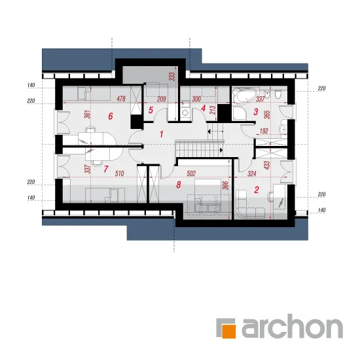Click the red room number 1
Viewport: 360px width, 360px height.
click(x=162, y=134)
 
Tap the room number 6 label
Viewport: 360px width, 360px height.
click(x=111, y=117)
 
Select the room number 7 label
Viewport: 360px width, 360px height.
click(x=105, y=170)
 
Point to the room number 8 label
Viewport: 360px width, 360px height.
click(x=179, y=185)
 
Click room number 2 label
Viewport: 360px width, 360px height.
click(x=257, y=190)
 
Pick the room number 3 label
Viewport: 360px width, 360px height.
click(x=255, y=112)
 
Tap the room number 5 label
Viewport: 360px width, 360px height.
click(x=151, y=110)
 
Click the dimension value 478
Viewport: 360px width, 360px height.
click(x=121, y=99)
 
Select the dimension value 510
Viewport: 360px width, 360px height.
click(x=119, y=173)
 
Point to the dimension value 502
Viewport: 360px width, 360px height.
click(x=191, y=173)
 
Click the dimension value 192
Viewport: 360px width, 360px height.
click(x=264, y=131)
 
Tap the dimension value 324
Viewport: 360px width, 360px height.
click(x=252, y=173)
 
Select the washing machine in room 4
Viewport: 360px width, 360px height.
click(x=185, y=113)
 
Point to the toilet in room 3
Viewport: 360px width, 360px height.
click(x=278, y=94)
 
